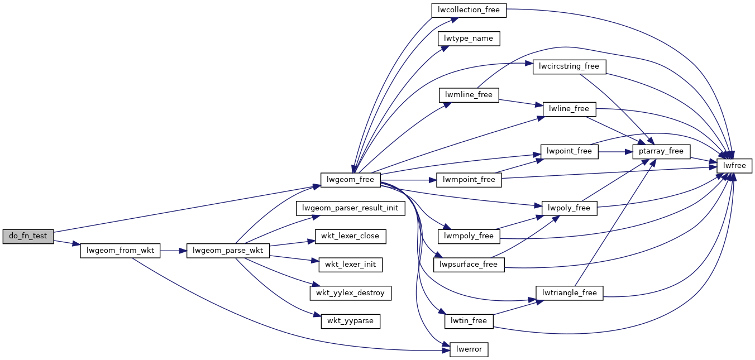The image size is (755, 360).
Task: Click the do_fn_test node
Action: click(x=28, y=236)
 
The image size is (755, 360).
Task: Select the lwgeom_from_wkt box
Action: click(x=121, y=251)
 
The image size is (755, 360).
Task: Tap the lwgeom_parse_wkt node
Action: click(x=228, y=251)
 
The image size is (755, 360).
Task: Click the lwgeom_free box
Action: click(x=351, y=180)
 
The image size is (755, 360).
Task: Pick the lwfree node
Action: click(x=734, y=166)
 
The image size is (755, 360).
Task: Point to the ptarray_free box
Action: click(x=662, y=151)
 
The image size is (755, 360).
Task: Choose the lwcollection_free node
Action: click(x=469, y=9)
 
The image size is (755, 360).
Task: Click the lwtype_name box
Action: click(x=469, y=39)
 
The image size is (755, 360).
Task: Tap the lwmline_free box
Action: click(x=469, y=95)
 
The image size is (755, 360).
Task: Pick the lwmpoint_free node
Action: click(x=469, y=180)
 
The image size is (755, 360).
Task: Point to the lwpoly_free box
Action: click(x=570, y=208)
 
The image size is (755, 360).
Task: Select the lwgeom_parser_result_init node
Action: click(x=350, y=208)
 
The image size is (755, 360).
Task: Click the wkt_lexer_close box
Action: click(x=350, y=236)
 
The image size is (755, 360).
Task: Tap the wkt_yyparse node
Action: click(x=350, y=321)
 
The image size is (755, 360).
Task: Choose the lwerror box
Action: click(x=469, y=350)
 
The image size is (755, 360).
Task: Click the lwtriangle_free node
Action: click(x=570, y=293)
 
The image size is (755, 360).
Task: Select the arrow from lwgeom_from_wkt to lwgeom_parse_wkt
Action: click(x=173, y=251)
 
